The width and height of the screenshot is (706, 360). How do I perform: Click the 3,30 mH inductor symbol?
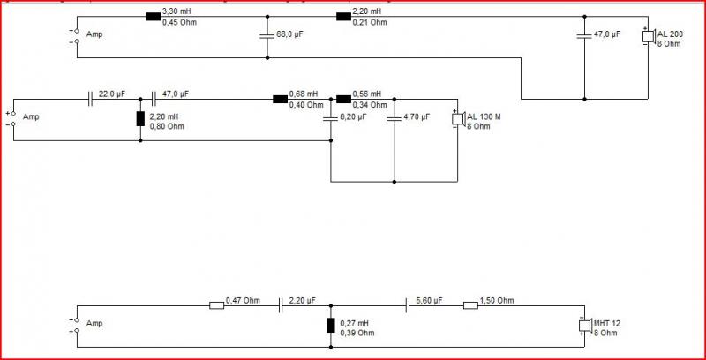(x=153, y=17)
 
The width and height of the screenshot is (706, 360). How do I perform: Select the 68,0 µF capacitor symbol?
(x=267, y=35)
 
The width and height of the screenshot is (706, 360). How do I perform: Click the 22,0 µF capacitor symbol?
(x=91, y=100)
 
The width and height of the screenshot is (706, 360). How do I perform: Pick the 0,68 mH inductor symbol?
(x=280, y=100)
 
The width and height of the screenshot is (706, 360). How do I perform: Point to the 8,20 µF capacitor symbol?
(x=330, y=118)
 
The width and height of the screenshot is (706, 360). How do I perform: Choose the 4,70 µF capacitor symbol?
(x=394, y=118)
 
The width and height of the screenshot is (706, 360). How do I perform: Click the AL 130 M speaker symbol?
(x=458, y=119)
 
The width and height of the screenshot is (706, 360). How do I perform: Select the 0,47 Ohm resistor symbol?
(x=216, y=306)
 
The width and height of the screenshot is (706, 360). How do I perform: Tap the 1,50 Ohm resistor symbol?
(x=470, y=306)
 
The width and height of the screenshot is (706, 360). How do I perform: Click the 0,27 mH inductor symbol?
(x=330, y=325)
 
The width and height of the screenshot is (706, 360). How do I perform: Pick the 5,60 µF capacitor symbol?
(x=408, y=306)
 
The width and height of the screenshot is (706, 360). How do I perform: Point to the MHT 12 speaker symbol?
(x=585, y=326)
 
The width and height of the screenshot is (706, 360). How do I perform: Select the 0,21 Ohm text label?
(x=369, y=23)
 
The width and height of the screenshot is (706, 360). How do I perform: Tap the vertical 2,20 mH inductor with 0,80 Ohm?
(x=140, y=119)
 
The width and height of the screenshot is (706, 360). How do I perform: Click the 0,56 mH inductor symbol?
(x=343, y=100)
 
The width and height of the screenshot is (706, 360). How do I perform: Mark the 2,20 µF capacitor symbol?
(x=281, y=306)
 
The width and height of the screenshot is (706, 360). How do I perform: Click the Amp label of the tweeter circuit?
(x=94, y=324)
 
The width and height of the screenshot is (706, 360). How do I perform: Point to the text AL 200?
(x=670, y=34)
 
